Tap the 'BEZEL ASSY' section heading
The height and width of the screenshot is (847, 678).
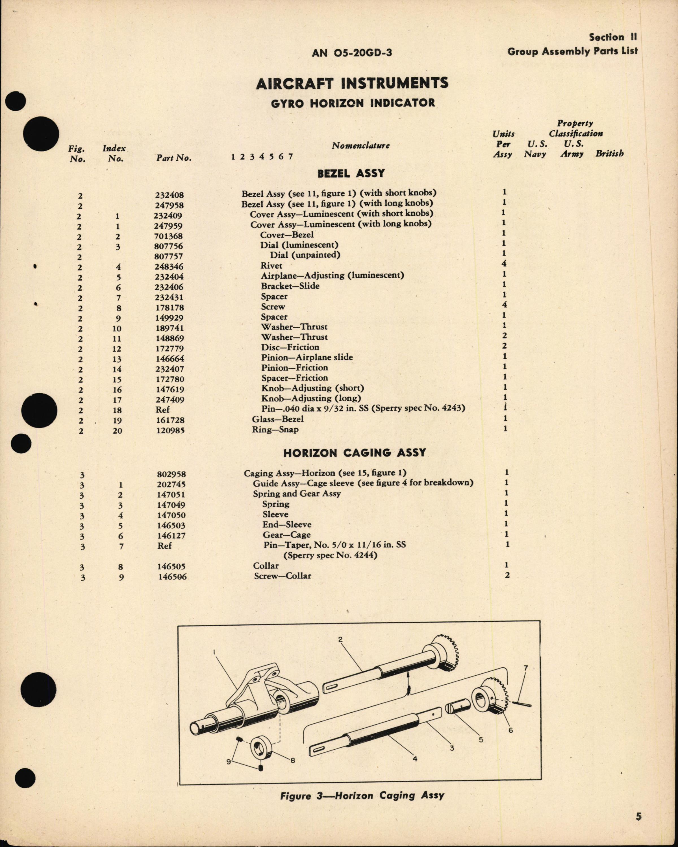pyautogui.click(x=351, y=173)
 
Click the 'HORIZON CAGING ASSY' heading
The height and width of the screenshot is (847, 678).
pyautogui.click(x=355, y=453)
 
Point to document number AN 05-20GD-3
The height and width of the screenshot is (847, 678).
pyautogui.click(x=352, y=53)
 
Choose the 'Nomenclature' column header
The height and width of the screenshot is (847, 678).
pyautogui.click(x=360, y=146)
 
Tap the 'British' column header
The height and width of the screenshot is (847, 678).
pyautogui.click(x=609, y=154)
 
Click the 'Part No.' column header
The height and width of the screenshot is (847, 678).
pyautogui.click(x=174, y=158)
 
